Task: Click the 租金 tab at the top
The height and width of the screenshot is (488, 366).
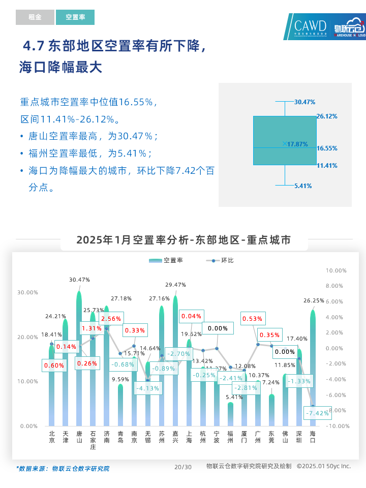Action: click(x=35, y=17)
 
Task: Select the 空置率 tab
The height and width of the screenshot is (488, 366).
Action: click(x=75, y=17)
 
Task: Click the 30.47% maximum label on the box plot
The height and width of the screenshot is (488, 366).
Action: click(x=304, y=102)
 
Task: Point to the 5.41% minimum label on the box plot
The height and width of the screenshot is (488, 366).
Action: click(x=303, y=186)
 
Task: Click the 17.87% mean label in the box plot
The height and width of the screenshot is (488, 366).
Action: click(x=297, y=144)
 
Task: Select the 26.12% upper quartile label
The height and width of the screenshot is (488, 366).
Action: click(x=327, y=116)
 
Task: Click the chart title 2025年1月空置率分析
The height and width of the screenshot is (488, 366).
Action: click(x=184, y=240)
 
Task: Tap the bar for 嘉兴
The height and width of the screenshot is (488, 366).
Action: click(x=175, y=361)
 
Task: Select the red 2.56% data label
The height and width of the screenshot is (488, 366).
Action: click(x=111, y=319)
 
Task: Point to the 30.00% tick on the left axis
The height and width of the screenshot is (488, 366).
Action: click(x=27, y=292)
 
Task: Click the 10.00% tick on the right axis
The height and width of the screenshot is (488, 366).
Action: click(x=333, y=270)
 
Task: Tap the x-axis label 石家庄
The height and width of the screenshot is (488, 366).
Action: click(x=93, y=440)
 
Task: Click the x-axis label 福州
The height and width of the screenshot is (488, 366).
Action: click(x=230, y=437)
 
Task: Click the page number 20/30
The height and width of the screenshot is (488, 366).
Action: click(x=183, y=467)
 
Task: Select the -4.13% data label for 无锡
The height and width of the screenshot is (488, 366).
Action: click(x=148, y=388)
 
